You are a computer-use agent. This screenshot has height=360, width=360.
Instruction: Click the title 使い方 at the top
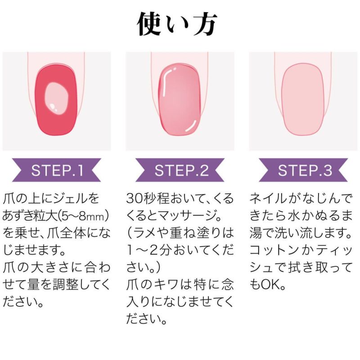point(177,24)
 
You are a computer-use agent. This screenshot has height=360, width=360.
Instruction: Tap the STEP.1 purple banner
point(57,170)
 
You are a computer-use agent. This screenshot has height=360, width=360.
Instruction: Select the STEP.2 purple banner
point(180,170)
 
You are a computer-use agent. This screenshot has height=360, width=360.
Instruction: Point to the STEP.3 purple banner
point(303,170)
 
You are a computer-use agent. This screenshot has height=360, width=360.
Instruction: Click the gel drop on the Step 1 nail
point(56,98)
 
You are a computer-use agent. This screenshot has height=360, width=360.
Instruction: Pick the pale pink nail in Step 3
point(303,99)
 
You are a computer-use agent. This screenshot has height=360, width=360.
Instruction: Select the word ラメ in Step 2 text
point(143,233)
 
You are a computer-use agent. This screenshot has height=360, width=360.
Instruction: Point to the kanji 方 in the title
point(205,24)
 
